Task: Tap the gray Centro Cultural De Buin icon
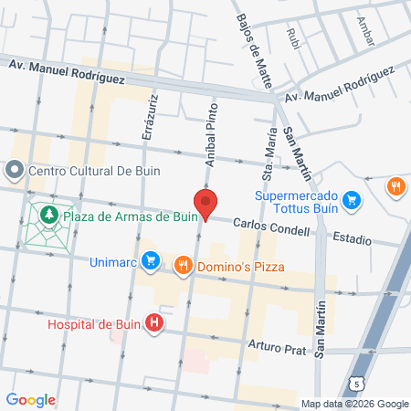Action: pos(16,171)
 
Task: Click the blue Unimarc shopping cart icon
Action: pos(153,263)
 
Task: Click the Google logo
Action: pos(30,399)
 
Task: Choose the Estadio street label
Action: pos(352,239)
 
